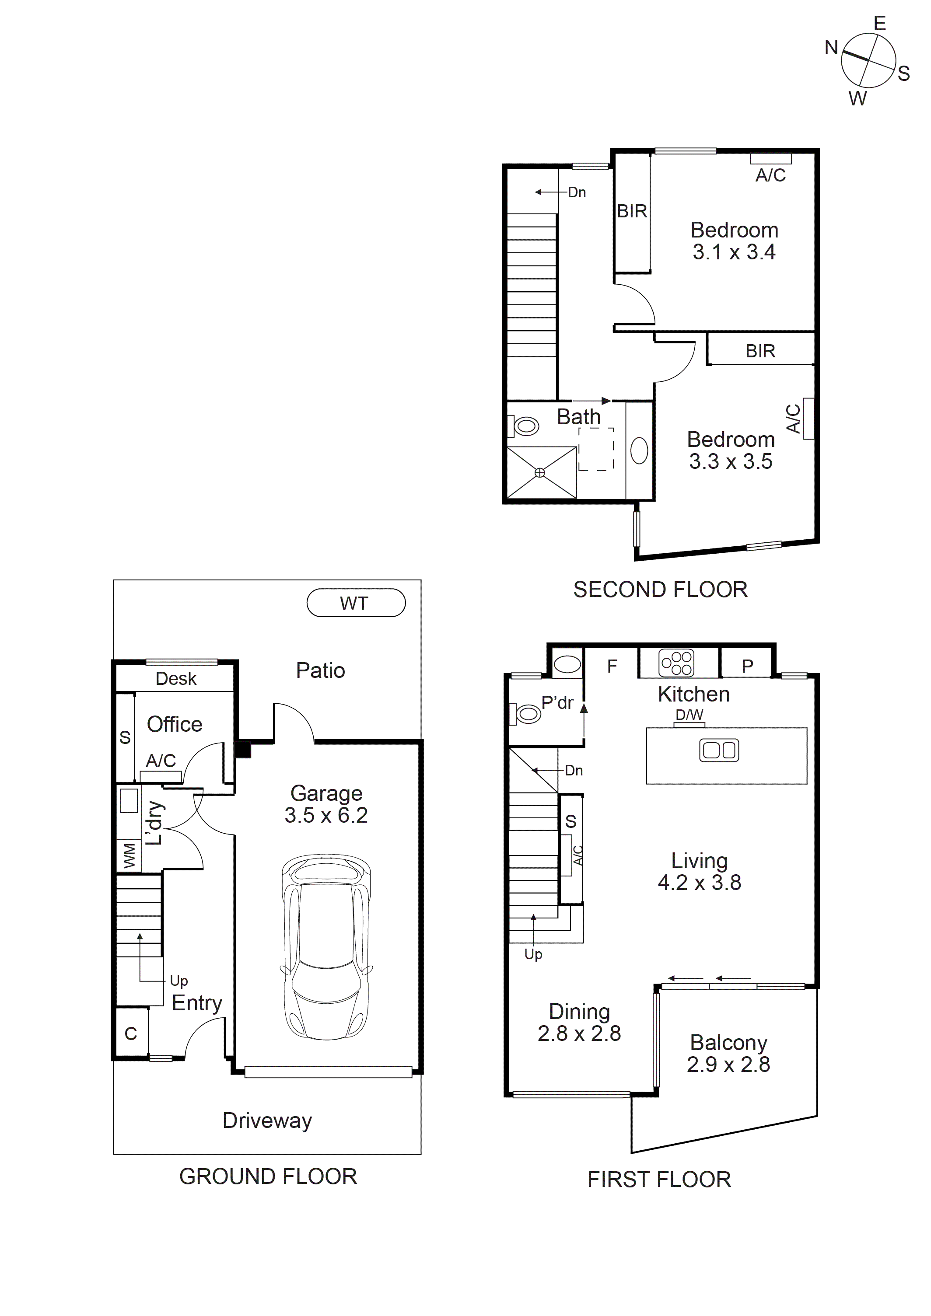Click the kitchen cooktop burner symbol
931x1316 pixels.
[676, 663]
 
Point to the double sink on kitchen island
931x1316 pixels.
[719, 750]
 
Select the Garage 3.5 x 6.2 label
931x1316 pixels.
[326, 804]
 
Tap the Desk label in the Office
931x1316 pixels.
[176, 679]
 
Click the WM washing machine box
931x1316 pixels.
[129, 856]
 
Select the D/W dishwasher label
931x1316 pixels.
[689, 715]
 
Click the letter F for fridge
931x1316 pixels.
[612, 666]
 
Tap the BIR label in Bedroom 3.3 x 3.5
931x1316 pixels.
[760, 351]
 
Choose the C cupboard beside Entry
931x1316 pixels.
[131, 1033]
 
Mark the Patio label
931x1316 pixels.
[320, 670]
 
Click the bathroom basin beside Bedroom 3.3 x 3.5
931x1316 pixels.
[639, 450]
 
